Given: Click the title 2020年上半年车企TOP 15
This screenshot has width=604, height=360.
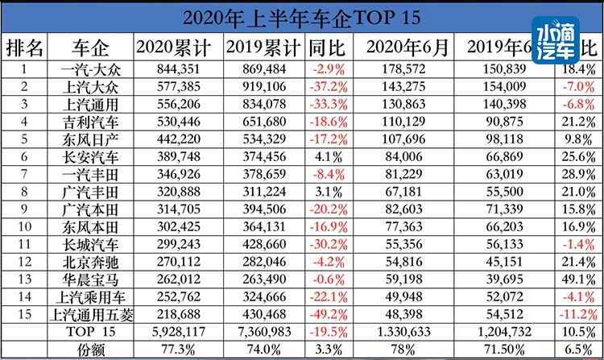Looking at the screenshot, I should (301, 16).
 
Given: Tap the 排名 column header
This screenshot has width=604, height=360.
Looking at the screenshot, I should (25, 47).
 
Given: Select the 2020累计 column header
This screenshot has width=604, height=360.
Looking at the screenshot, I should (174, 47).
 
